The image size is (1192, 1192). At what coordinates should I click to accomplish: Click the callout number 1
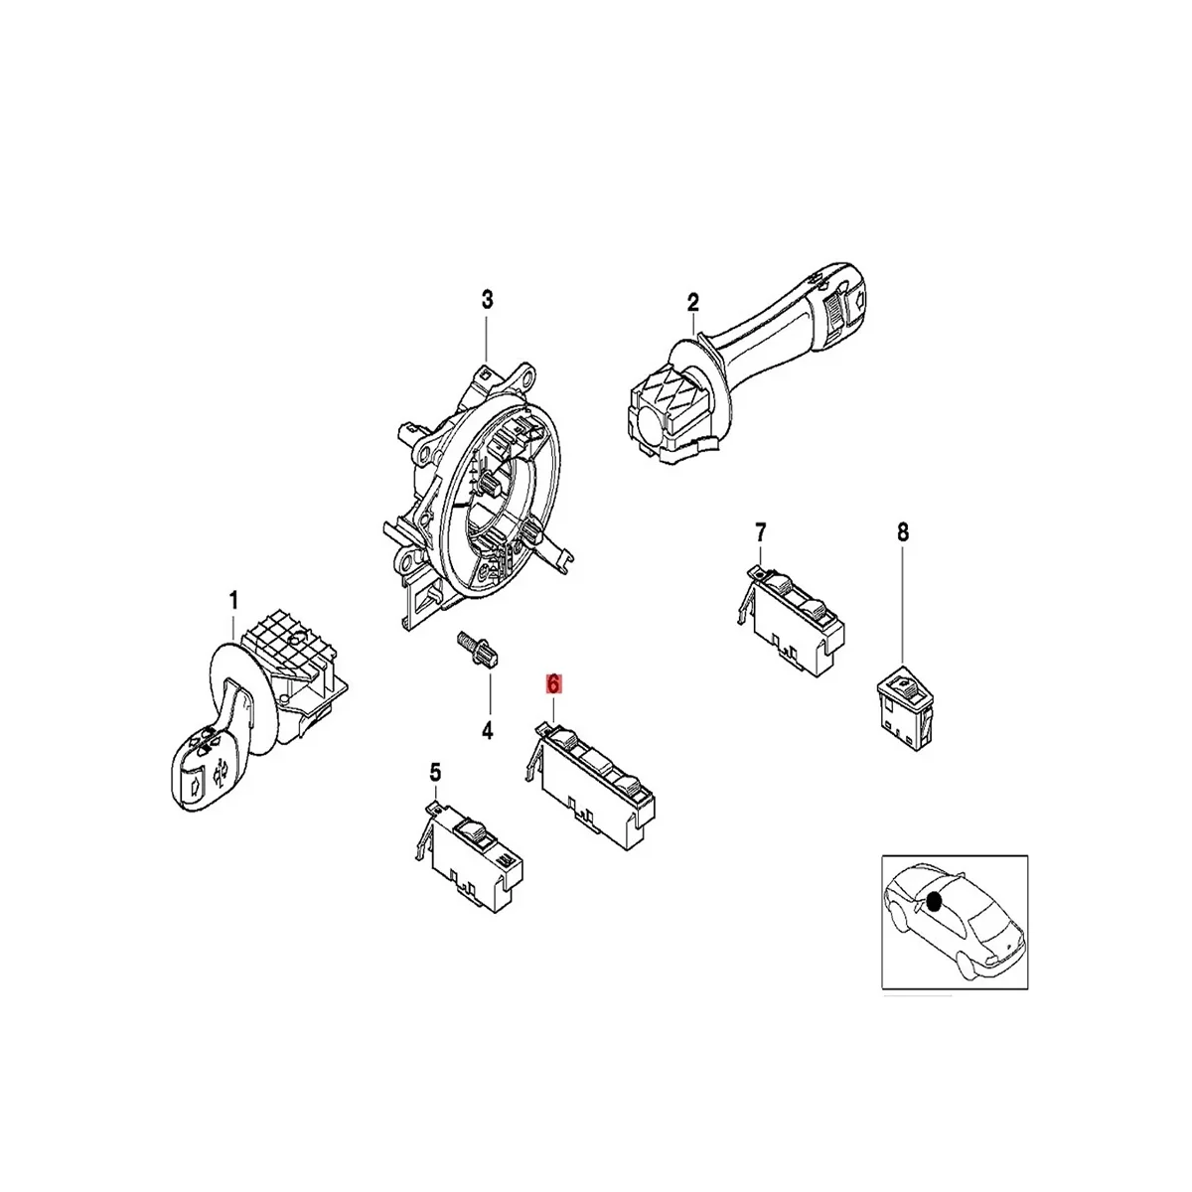234,600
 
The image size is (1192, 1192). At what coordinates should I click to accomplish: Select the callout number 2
693,302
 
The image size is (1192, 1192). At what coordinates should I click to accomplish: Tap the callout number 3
487,299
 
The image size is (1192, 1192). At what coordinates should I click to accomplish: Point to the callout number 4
487,731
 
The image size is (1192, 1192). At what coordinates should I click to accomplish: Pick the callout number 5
434,771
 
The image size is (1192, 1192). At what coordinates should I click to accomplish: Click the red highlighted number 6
553,684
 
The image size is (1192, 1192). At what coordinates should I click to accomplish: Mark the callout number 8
903,532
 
